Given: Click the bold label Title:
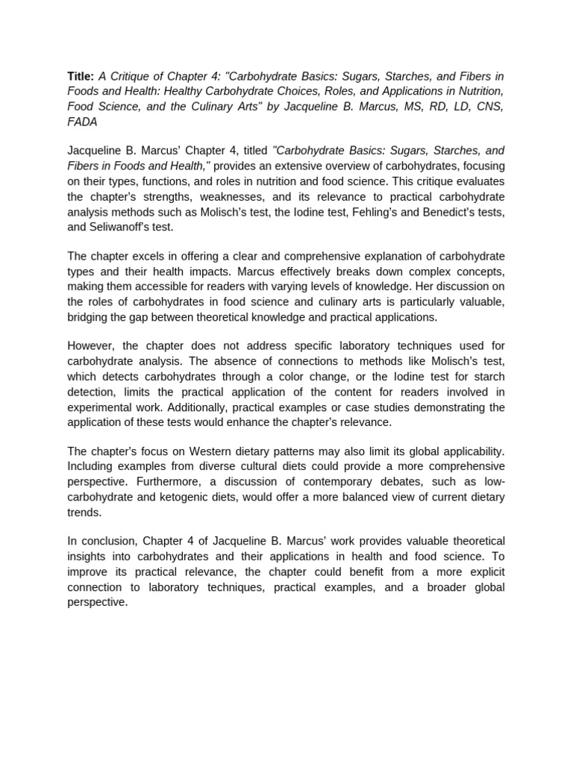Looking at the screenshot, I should (80, 77).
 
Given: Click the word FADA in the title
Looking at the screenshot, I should (82, 122).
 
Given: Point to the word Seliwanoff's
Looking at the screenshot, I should (122, 227).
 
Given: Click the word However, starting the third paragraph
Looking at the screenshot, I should (91, 346).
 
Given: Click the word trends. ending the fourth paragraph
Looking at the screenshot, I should (84, 512).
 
